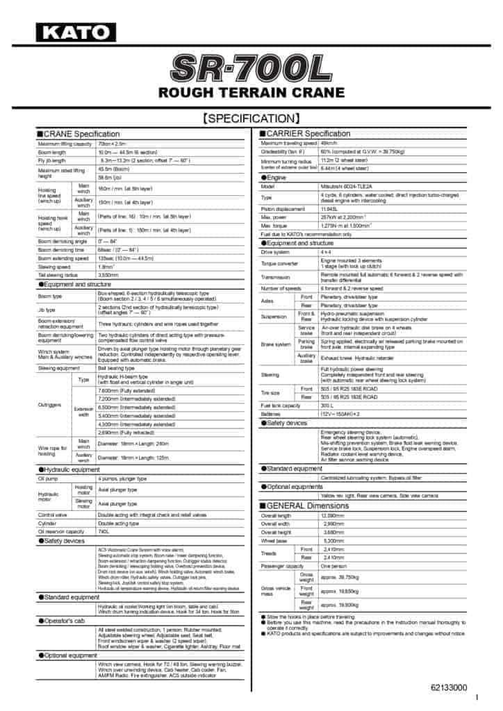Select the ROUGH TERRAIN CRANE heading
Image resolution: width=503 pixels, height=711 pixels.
point(251,92)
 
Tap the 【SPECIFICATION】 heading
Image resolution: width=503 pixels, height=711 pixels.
point(251,118)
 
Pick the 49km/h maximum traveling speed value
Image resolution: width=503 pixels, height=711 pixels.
point(329,143)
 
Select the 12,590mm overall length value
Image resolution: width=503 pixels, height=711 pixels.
point(333,516)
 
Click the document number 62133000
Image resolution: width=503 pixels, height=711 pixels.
point(449,687)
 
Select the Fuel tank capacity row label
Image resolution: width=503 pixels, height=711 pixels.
point(280,405)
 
